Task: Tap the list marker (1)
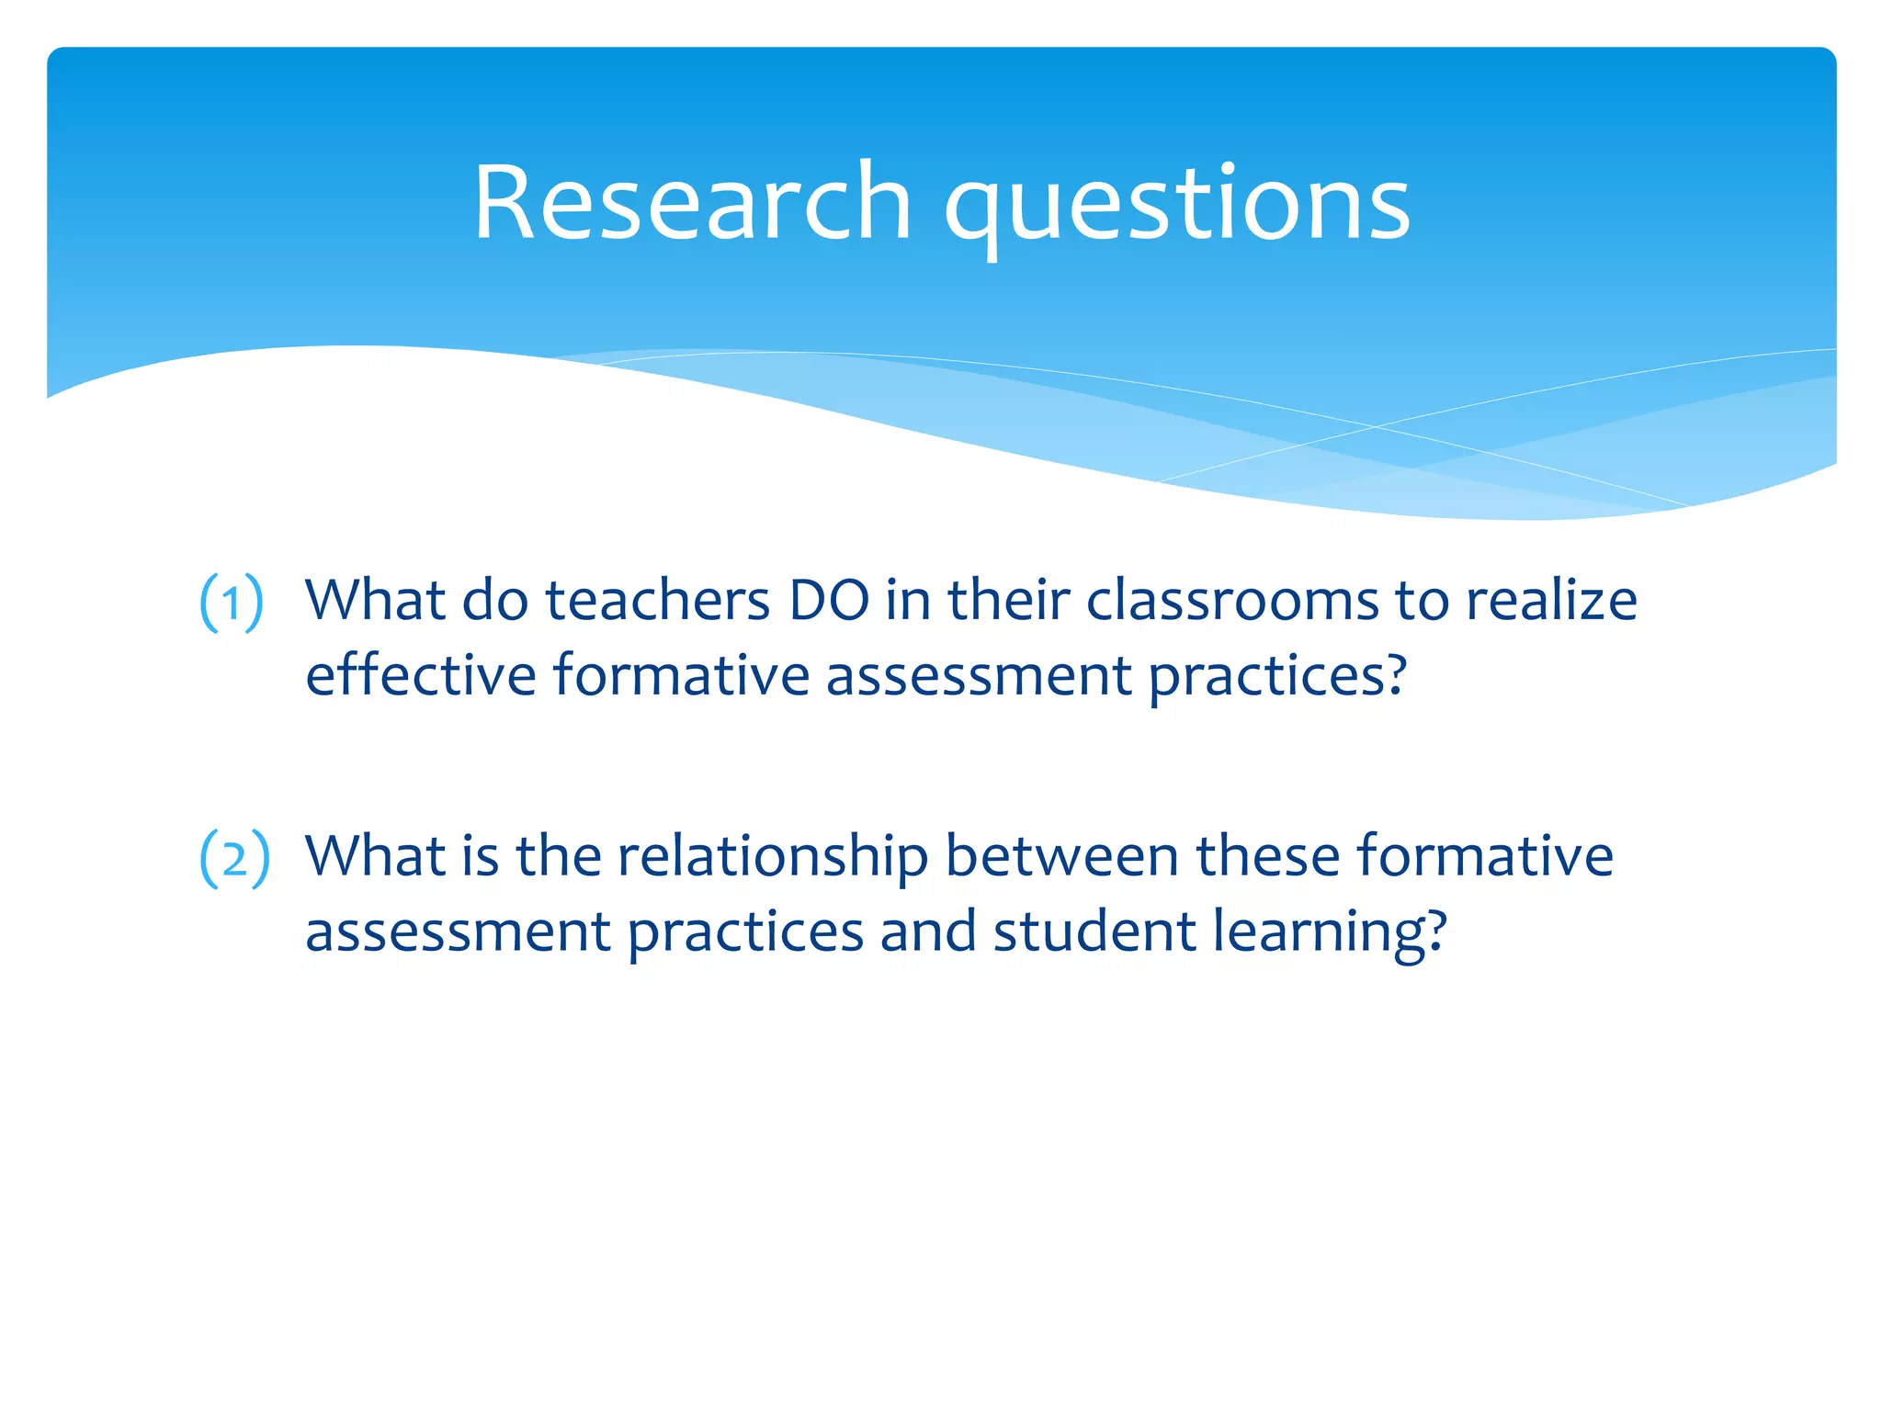232,603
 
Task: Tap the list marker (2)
234,858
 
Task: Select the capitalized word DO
829,601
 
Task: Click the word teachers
657,601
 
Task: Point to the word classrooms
1231,601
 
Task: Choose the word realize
1551,601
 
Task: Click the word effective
420,675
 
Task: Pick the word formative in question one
680,675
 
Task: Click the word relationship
772,858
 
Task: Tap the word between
1061,856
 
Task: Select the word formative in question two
1484,856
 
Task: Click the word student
1094,931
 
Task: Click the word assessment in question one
978,677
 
